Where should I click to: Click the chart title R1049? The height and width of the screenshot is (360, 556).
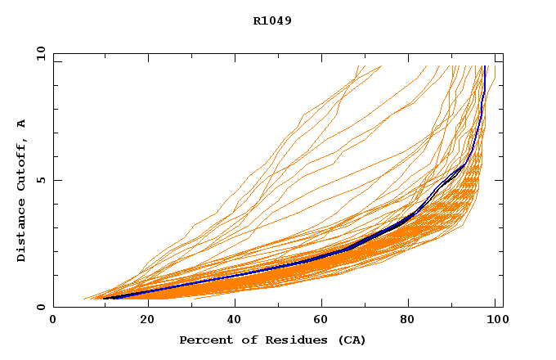coord(272,20)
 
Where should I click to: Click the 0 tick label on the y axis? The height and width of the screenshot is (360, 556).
coord(41,308)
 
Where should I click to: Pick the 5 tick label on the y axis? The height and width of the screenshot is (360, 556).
coord(41,180)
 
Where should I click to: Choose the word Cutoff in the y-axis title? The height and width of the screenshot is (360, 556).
coord(22,164)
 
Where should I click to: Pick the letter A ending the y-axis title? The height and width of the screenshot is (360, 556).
coord(22,124)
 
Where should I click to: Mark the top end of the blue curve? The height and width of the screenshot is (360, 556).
coord(485,66)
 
